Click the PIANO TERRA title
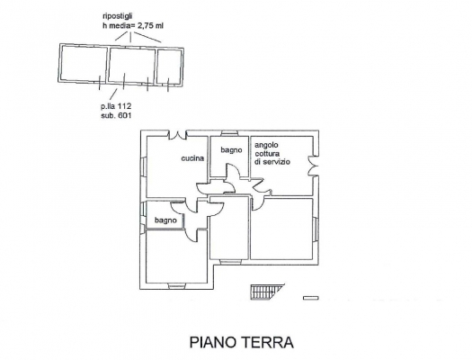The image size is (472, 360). tap(242, 342)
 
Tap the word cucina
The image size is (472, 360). tap(192, 158)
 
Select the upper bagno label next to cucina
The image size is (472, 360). tap(231, 150)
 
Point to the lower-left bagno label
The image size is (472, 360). tap(165, 220)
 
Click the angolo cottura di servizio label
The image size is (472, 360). tap(272, 153)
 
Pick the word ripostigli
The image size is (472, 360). tap(118, 16)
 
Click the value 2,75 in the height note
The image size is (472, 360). tap(146, 26)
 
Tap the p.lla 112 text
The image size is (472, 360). tap(116, 106)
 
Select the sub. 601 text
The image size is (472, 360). tap(116, 115)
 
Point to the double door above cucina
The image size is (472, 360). tap(177, 135)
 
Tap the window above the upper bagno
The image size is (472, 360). tap(229, 133)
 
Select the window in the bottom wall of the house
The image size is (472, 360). tap(177, 285)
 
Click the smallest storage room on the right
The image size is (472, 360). tap(169, 67)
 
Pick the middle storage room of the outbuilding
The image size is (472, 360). tap(131, 65)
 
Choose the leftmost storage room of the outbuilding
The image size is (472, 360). tap(83, 63)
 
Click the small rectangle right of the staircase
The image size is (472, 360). tap(311, 298)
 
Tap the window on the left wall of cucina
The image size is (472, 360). tap(143, 166)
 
